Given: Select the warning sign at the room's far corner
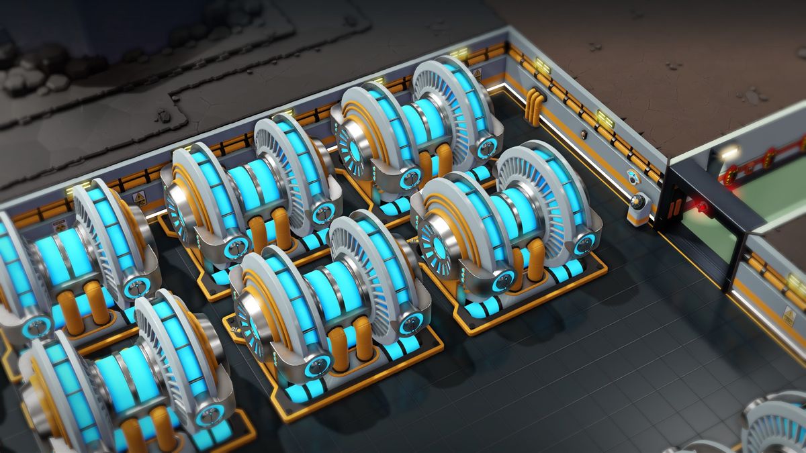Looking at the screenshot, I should (477, 72).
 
